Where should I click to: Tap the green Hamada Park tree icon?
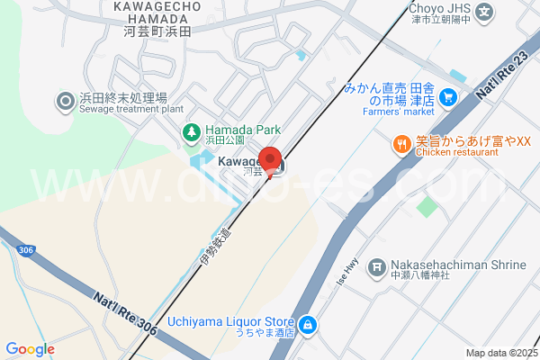point(191,134)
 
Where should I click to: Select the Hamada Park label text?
point(235,130)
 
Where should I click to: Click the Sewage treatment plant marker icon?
point(65,103)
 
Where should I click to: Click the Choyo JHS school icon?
point(485,13)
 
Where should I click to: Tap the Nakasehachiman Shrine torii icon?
point(378,271)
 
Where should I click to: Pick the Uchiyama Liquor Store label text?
point(231,326)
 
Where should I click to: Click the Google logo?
point(30,349)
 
